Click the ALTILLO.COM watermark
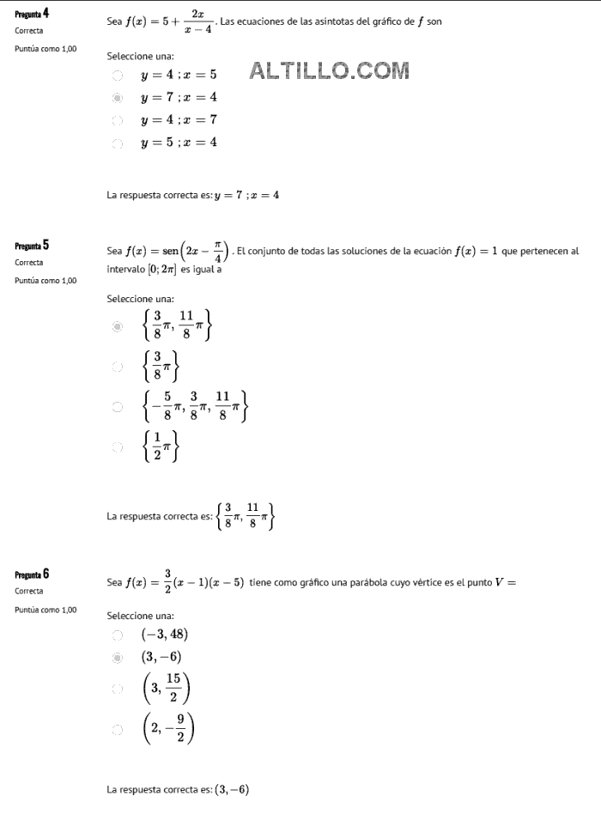click(329, 71)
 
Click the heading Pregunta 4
click(32, 13)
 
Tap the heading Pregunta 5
click(32, 245)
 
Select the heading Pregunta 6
click(32, 574)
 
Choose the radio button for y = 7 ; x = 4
click(118, 98)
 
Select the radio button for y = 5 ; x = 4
click(118, 143)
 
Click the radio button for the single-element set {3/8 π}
click(118, 367)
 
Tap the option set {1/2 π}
click(161, 446)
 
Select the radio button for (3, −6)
click(118, 658)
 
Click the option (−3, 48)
click(164, 635)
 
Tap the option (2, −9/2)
click(168, 730)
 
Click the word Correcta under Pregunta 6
click(29, 591)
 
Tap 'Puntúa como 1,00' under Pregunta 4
click(46, 48)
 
